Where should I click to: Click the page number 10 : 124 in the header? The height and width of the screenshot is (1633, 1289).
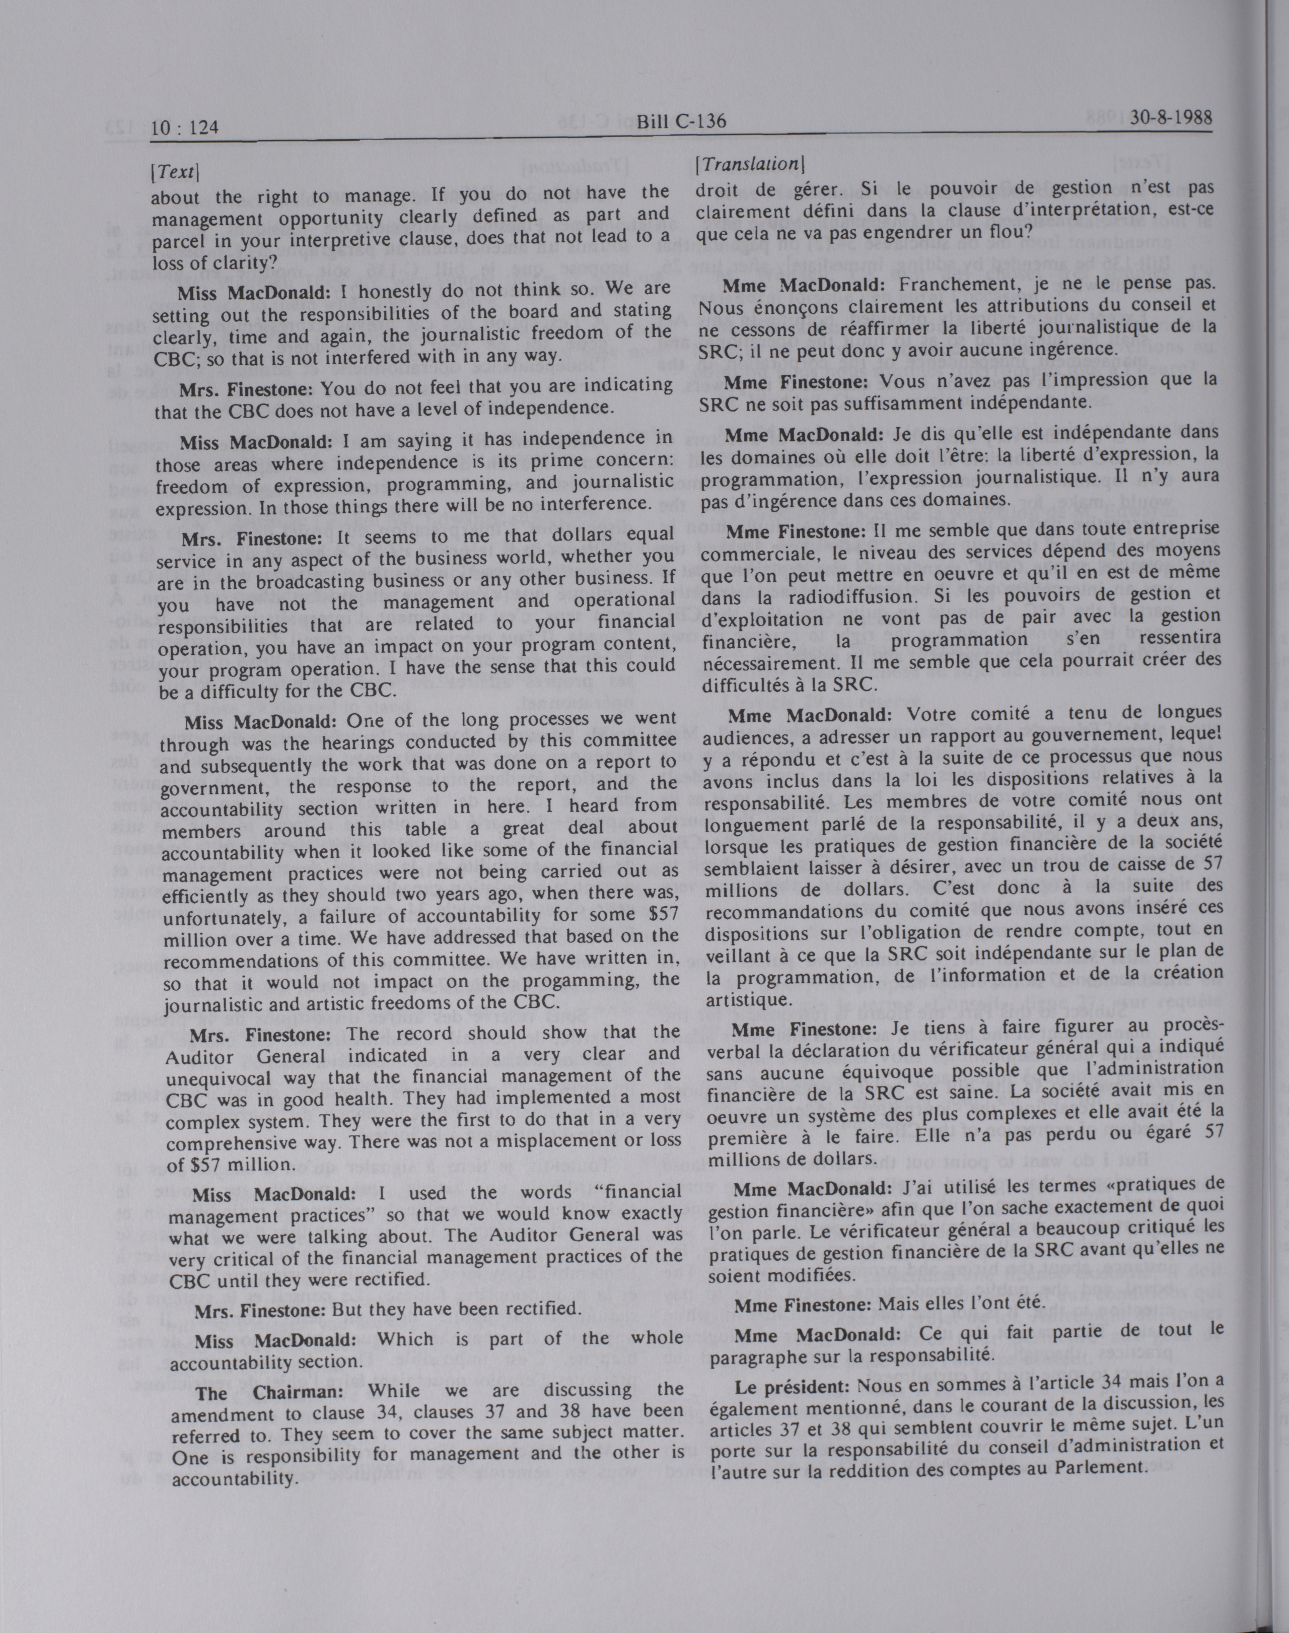coord(185,128)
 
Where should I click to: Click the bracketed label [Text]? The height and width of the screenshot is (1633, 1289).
coord(174,173)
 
